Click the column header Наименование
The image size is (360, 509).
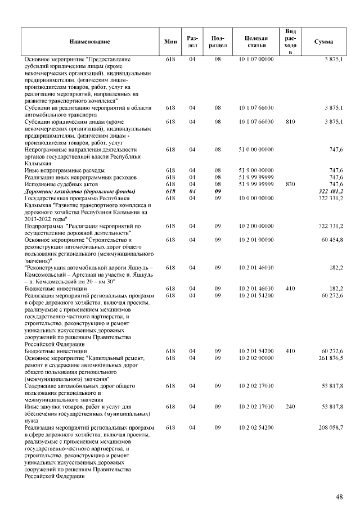tap(90, 42)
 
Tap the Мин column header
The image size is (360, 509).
tap(170, 42)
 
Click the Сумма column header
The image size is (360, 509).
tap(323, 42)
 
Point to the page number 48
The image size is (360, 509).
tap(339, 497)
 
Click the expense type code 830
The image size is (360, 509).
tap(290, 184)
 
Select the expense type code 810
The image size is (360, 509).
tap(290, 121)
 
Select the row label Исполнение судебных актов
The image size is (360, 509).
tap(61, 184)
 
